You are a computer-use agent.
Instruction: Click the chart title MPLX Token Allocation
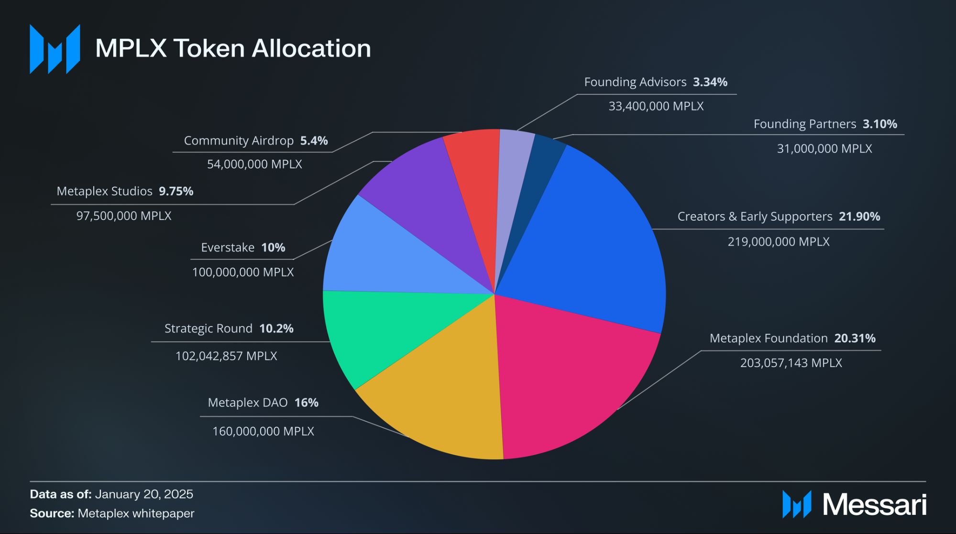pos(233,48)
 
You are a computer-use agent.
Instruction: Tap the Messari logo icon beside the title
pos(55,49)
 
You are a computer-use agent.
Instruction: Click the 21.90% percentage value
pos(859,217)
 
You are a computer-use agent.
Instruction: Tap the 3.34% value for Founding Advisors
pos(710,82)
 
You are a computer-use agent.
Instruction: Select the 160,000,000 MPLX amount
pos(263,431)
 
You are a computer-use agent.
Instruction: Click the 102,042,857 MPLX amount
pos(226,356)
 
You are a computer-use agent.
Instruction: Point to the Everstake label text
pos(228,248)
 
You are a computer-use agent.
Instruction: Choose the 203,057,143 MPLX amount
pos(791,363)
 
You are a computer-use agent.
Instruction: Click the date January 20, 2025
pos(144,494)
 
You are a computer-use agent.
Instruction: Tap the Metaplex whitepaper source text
pos(136,513)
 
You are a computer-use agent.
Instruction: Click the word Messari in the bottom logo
pos(874,505)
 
